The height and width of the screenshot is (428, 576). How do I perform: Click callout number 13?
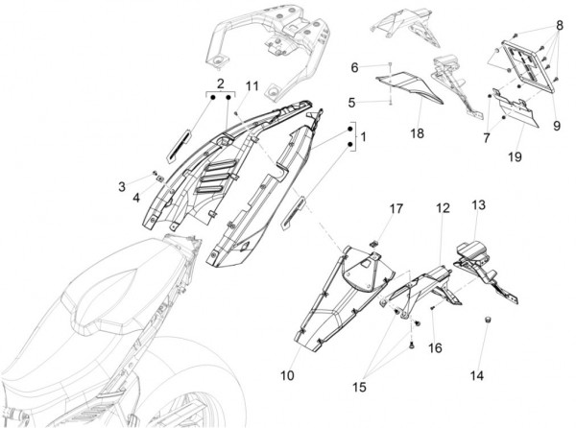[x=477, y=204]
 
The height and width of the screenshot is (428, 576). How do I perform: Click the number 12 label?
[x=442, y=207]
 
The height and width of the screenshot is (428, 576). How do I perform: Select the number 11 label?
[x=252, y=87]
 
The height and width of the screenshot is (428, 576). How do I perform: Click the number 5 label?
[x=352, y=101]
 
